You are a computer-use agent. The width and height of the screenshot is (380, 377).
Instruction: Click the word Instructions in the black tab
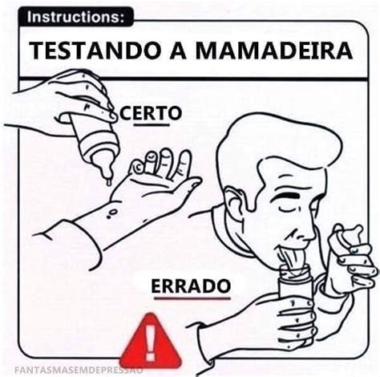pos(76,17)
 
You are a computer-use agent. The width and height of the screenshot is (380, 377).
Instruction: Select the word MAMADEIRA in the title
pos(274,51)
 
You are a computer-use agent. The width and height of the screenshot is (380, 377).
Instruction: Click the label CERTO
pos(151,114)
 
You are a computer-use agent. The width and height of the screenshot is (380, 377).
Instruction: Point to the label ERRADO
pos(191,286)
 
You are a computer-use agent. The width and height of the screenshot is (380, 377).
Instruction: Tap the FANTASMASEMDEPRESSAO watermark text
pos(79,371)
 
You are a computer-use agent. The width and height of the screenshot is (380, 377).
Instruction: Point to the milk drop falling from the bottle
pos(109,183)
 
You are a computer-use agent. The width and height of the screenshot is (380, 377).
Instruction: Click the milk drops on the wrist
pos(111,213)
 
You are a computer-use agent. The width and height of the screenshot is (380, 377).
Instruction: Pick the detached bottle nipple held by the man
pos(347,237)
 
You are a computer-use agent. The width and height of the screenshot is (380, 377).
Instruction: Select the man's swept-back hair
pos(275,144)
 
